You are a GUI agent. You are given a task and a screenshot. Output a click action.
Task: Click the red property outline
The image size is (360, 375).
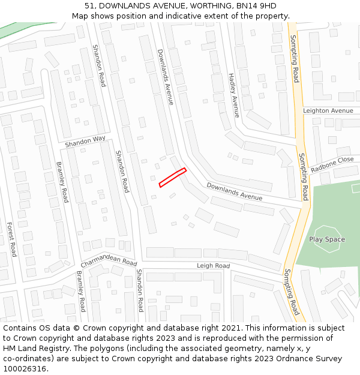click(172, 178)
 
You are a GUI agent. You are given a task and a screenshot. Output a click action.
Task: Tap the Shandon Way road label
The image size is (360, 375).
click(85, 142)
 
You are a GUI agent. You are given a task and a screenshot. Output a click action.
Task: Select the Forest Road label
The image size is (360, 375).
click(11, 239)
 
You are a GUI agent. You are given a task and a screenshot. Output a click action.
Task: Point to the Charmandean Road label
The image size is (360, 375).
click(109, 263)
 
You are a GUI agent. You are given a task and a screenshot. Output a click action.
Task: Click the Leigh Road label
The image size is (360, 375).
click(213, 266)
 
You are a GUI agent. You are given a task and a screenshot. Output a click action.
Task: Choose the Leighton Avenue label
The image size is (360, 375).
click(328, 111)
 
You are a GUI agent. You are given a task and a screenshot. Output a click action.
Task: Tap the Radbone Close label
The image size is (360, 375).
click(332, 164)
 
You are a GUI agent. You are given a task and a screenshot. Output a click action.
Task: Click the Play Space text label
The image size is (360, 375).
click(327, 239)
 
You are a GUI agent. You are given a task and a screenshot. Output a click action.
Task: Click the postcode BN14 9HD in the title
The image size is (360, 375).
click(256, 5)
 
